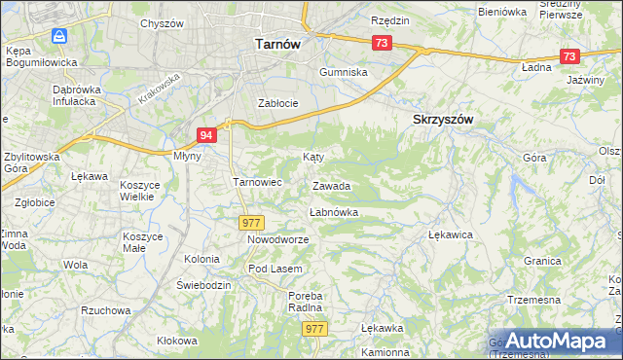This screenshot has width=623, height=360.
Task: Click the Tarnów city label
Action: [276, 44]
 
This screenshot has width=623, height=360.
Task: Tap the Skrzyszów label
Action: [437, 119]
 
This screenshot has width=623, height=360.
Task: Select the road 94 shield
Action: [205, 135]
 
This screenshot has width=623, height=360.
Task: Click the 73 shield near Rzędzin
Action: [381, 43]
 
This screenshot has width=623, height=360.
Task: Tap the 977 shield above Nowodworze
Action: [252, 223]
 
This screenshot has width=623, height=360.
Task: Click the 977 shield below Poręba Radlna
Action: [313, 329]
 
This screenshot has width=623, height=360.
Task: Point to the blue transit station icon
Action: [60, 36]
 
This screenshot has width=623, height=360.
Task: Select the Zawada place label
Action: [331, 186]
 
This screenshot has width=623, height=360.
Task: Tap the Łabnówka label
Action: [334, 212]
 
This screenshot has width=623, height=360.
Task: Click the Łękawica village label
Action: [451, 234]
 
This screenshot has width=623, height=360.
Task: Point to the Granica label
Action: [542, 261]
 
